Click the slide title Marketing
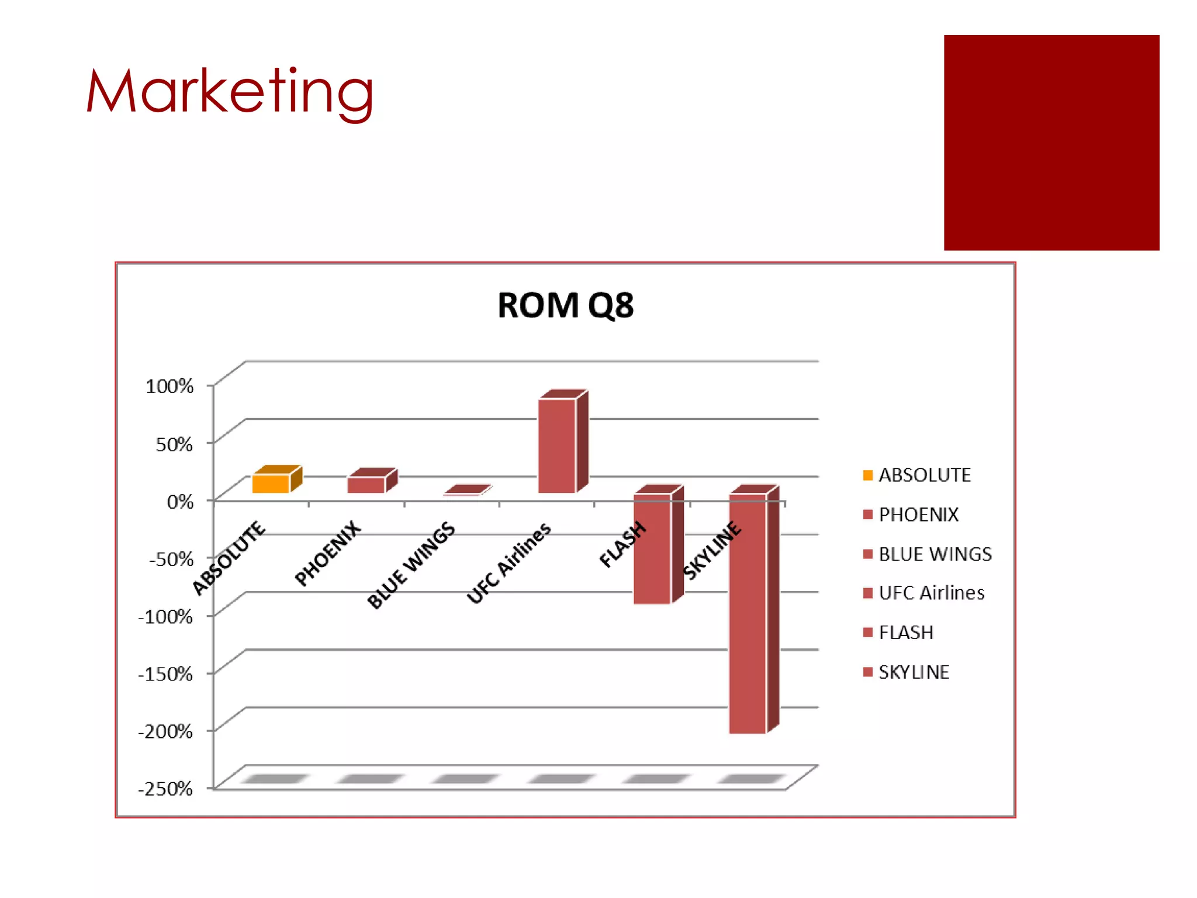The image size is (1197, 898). pyautogui.click(x=229, y=92)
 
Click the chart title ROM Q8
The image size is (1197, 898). pyautogui.click(x=565, y=305)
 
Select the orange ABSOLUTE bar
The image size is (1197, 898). pyautogui.click(x=271, y=483)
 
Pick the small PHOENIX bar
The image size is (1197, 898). pyautogui.click(x=366, y=485)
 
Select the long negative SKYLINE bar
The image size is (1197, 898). pyautogui.click(x=748, y=613)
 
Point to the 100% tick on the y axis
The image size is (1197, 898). pyautogui.click(x=169, y=386)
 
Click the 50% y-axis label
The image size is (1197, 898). pyautogui.click(x=174, y=444)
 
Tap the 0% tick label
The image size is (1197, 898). pyautogui.click(x=180, y=502)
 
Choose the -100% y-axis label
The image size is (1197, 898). pyautogui.click(x=165, y=616)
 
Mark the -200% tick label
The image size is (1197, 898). pyautogui.click(x=165, y=731)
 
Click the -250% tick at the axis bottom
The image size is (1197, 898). pyautogui.click(x=165, y=789)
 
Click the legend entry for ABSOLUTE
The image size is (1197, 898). pyautogui.click(x=924, y=475)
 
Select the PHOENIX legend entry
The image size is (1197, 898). pyautogui.click(x=918, y=514)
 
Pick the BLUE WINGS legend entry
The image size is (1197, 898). pyautogui.click(x=935, y=554)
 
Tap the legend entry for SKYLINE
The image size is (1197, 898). pyautogui.click(x=914, y=672)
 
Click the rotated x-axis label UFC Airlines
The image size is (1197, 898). pyautogui.click(x=509, y=562)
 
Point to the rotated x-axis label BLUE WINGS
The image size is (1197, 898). pyautogui.click(x=411, y=564)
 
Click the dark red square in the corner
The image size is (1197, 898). pyautogui.click(x=1051, y=143)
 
